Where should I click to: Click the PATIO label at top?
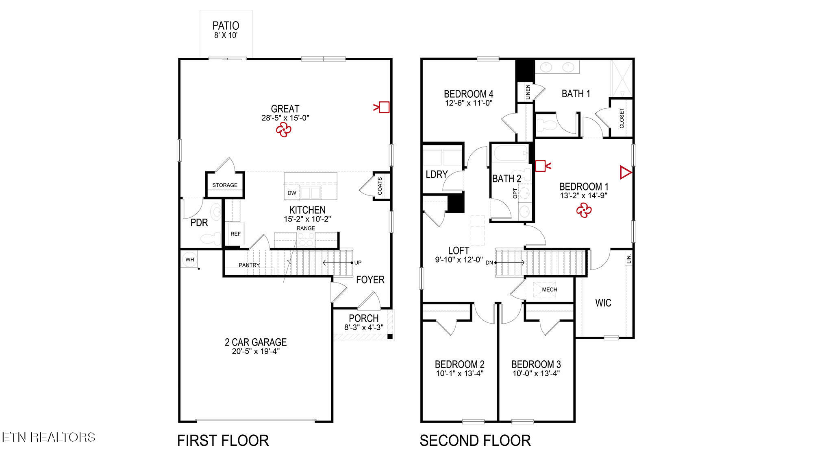point(226,26)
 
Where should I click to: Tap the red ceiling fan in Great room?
point(283,130)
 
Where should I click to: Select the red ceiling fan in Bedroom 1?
point(584,210)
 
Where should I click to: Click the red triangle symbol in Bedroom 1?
point(625,172)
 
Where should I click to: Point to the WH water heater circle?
point(189,260)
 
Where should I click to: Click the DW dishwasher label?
point(292,193)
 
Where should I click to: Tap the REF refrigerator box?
point(236,234)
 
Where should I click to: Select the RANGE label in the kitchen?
point(306,228)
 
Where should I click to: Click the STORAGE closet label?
point(225,185)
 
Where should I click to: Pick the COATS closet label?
point(380,186)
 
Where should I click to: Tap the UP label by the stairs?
point(358,263)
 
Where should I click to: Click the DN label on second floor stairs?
point(489,263)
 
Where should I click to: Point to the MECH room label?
point(550,289)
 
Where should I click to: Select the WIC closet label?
point(603,303)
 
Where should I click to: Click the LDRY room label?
point(437,174)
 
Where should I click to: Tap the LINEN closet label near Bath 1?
point(528,92)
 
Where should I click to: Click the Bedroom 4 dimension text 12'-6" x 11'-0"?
point(469,103)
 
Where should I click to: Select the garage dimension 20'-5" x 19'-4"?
point(256,351)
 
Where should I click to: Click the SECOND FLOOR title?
point(475,440)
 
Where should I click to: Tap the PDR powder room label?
point(199,223)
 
